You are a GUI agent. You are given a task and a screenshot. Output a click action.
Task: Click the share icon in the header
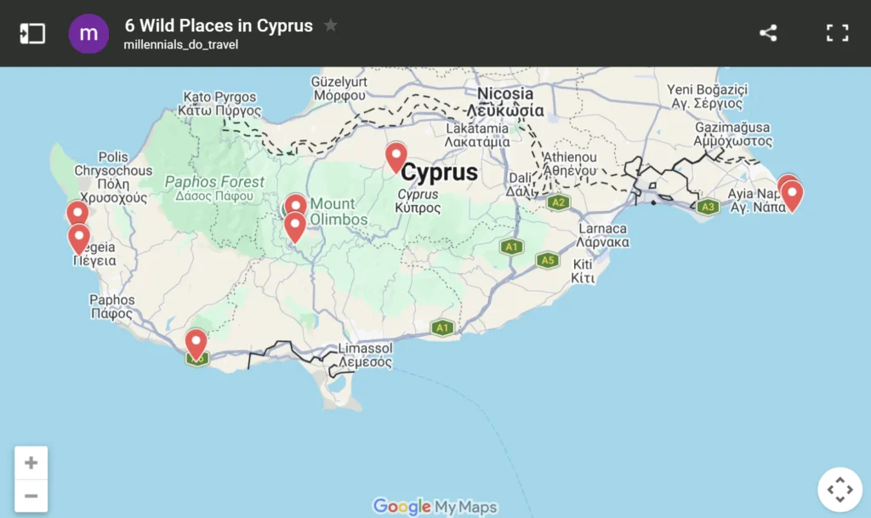tap(768, 33)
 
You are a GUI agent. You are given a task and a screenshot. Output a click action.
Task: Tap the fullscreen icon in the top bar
tap(838, 33)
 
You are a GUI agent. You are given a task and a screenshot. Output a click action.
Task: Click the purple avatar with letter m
tap(88, 34)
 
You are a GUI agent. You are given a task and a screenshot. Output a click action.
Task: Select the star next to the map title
tap(331, 26)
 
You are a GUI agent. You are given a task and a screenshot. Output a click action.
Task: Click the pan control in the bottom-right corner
tap(840, 489)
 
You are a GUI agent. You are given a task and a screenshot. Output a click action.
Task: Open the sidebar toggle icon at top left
tap(32, 33)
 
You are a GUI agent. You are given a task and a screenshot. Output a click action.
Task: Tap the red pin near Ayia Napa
tap(791, 195)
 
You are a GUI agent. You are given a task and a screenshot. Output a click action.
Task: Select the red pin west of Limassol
tap(196, 344)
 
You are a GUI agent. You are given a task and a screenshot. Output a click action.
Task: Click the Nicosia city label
tap(505, 94)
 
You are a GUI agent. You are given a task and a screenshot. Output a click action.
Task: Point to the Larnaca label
tap(602, 229)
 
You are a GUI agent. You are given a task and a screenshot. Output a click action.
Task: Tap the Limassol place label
tap(365, 349)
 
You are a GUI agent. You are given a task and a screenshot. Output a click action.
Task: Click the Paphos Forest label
tap(214, 182)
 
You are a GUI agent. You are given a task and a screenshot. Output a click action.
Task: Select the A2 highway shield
tap(558, 202)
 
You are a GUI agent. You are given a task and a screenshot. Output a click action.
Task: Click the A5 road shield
tap(549, 260)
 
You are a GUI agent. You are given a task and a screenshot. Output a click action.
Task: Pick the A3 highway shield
tap(708, 207)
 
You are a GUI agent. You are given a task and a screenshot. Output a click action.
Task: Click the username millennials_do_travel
tap(181, 44)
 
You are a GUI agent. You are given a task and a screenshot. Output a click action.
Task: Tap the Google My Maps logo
tap(435, 507)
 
